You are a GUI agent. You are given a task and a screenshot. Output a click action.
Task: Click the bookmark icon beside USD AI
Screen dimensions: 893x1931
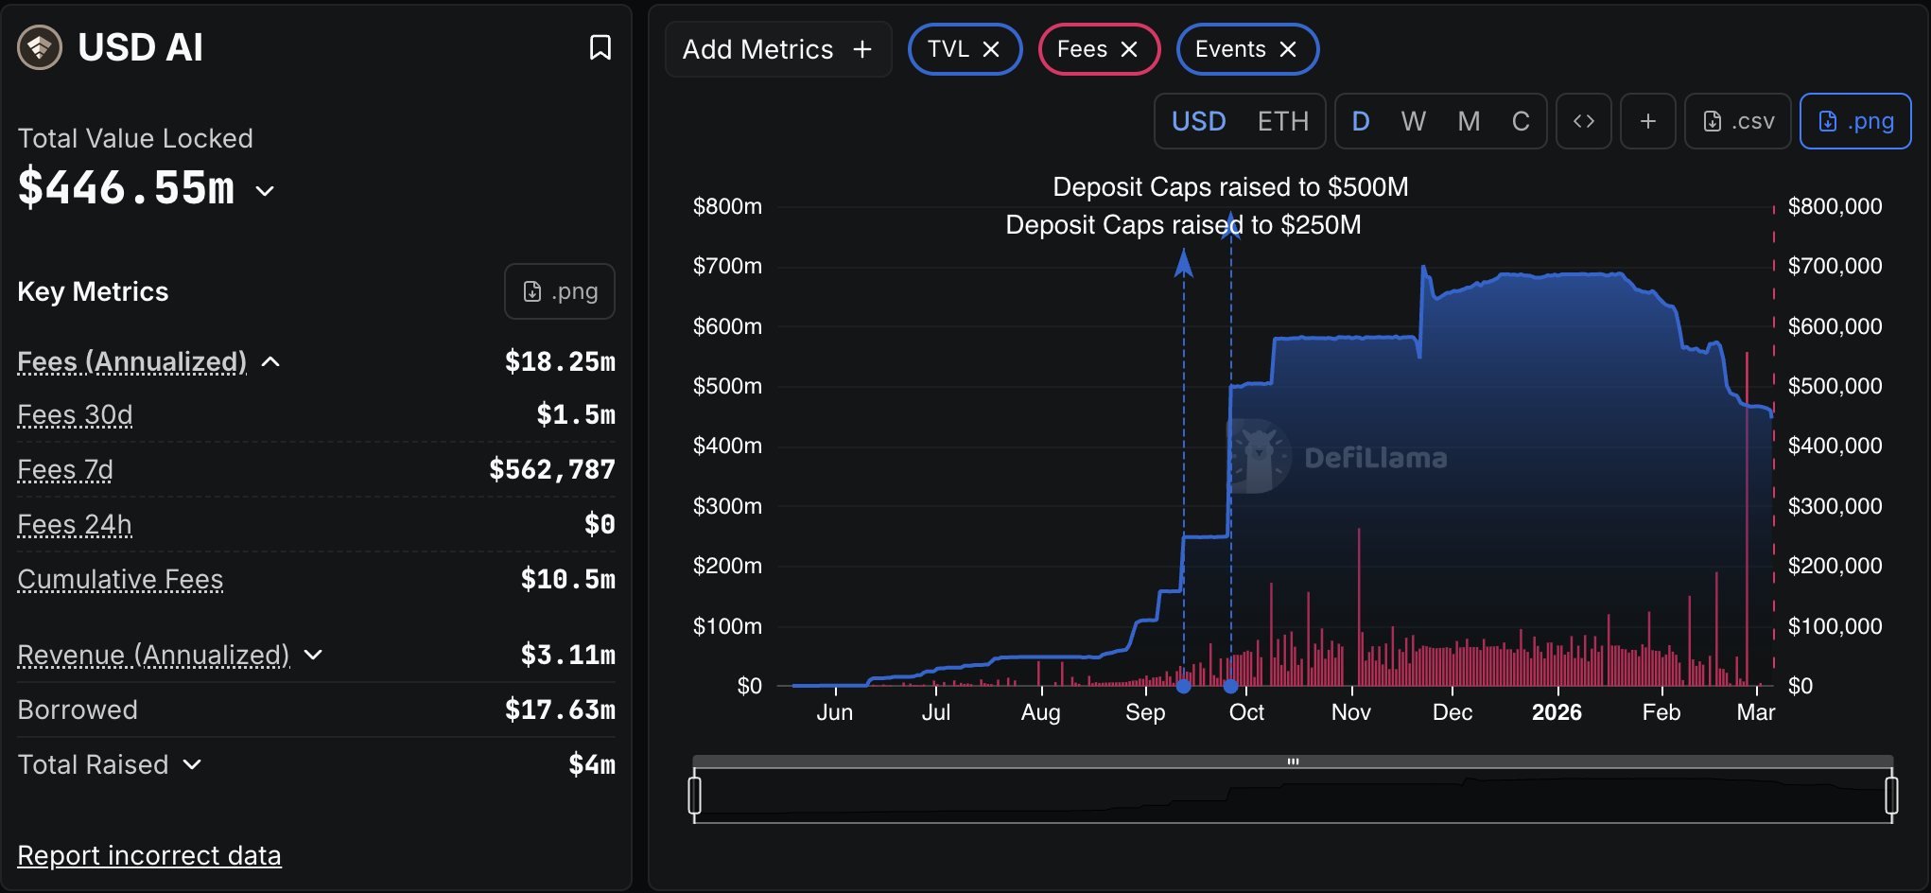coord(600,47)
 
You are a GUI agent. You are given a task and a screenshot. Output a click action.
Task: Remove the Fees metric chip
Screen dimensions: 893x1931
coord(1129,49)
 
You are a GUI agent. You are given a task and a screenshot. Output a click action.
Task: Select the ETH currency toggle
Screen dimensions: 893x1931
coord(1282,121)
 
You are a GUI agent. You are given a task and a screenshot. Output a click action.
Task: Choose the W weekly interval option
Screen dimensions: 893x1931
coord(1413,121)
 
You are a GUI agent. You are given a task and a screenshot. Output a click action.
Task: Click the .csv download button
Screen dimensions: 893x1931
coord(1738,121)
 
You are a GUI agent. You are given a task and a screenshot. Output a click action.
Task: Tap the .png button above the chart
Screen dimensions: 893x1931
coord(1855,121)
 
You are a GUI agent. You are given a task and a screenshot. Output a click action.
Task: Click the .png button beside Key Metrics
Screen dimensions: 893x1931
coord(560,291)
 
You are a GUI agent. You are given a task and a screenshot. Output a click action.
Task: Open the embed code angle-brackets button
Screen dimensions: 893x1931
coord(1584,121)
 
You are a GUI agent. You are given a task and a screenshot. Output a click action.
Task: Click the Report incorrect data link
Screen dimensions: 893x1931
coord(149,855)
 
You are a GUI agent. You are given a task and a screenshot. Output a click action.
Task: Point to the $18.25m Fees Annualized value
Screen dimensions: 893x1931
coord(560,361)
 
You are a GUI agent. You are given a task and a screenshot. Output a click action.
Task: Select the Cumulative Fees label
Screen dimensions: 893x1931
coord(120,579)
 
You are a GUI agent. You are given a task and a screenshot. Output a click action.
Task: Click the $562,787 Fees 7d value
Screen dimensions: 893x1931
coord(552,469)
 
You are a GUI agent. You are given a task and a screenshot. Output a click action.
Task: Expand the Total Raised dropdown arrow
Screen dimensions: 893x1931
coord(192,764)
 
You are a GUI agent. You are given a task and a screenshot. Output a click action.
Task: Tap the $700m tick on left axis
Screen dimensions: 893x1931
coord(727,266)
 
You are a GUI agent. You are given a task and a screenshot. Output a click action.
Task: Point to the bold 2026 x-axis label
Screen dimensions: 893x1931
coord(1557,712)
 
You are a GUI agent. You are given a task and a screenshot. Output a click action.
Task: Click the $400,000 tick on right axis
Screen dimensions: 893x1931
coord(1835,446)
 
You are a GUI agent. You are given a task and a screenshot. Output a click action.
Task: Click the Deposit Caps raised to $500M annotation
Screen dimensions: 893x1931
coord(1230,187)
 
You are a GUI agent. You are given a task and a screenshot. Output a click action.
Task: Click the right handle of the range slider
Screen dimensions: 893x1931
coord(1891,795)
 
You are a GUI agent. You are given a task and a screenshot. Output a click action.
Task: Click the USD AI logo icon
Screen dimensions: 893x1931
coord(40,47)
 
